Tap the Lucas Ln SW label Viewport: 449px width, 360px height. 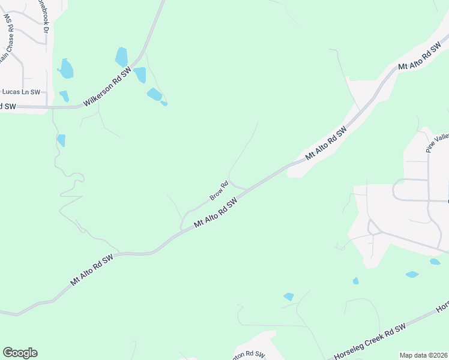(x=21, y=92)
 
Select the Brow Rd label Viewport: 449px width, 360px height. (x=219, y=191)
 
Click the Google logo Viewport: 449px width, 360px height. (x=20, y=353)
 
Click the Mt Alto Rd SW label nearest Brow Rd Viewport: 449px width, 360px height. (x=216, y=214)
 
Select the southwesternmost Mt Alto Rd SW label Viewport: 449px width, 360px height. (x=92, y=271)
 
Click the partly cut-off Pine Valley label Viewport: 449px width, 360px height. (x=438, y=143)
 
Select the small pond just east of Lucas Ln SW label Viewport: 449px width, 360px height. (x=64, y=96)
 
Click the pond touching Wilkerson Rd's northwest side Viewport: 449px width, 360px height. (x=122, y=57)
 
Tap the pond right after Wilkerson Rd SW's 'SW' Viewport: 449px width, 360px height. (x=140, y=75)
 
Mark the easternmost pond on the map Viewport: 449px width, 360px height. (x=435, y=262)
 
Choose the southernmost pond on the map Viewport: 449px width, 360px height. (x=289, y=296)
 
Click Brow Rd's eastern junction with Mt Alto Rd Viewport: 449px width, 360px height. (x=247, y=190)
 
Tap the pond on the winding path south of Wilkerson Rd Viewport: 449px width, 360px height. (x=61, y=140)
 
